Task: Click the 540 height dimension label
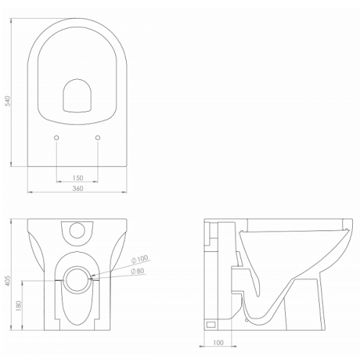pos(8,101)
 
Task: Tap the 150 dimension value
pos(78,178)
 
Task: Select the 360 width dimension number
pos(78,189)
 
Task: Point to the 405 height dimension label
pos(8,281)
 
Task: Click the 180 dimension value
pos(19,306)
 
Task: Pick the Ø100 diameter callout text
pos(140,258)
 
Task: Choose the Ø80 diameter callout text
pos(138,271)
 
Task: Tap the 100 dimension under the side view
pos(218,343)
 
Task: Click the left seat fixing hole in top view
pos(57,138)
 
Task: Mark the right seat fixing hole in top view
pos(98,138)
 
